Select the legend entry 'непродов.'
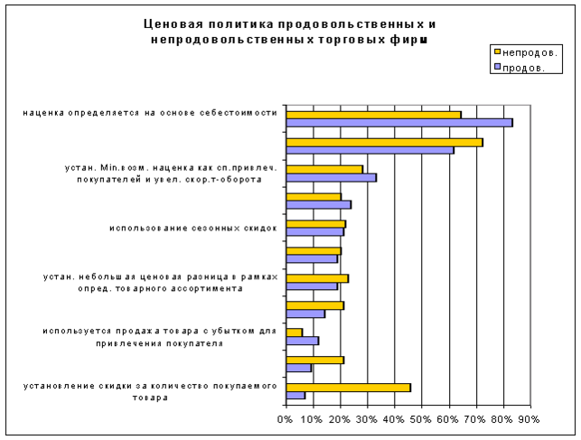pyautogui.click(x=529, y=51)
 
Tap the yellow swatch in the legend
pyautogui.click(x=498, y=51)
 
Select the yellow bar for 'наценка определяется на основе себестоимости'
pyautogui.click(x=373, y=114)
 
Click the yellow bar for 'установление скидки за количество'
pyautogui.click(x=348, y=387)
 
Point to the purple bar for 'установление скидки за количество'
pyautogui.click(x=295, y=395)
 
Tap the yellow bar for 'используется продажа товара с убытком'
pyautogui.click(x=294, y=332)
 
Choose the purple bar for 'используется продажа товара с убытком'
pyautogui.click(x=302, y=341)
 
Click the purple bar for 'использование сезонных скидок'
pyautogui.click(x=314, y=231)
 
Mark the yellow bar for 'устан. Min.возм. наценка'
pyautogui.click(x=323, y=169)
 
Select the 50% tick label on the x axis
pyautogui.click(x=421, y=419)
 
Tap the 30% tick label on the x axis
pyautogui.click(x=367, y=419)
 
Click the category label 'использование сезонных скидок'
pyautogui.click(x=192, y=228)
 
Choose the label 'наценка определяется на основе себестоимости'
pyautogui.click(x=151, y=114)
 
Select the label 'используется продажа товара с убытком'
pyautogui.click(x=159, y=337)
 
